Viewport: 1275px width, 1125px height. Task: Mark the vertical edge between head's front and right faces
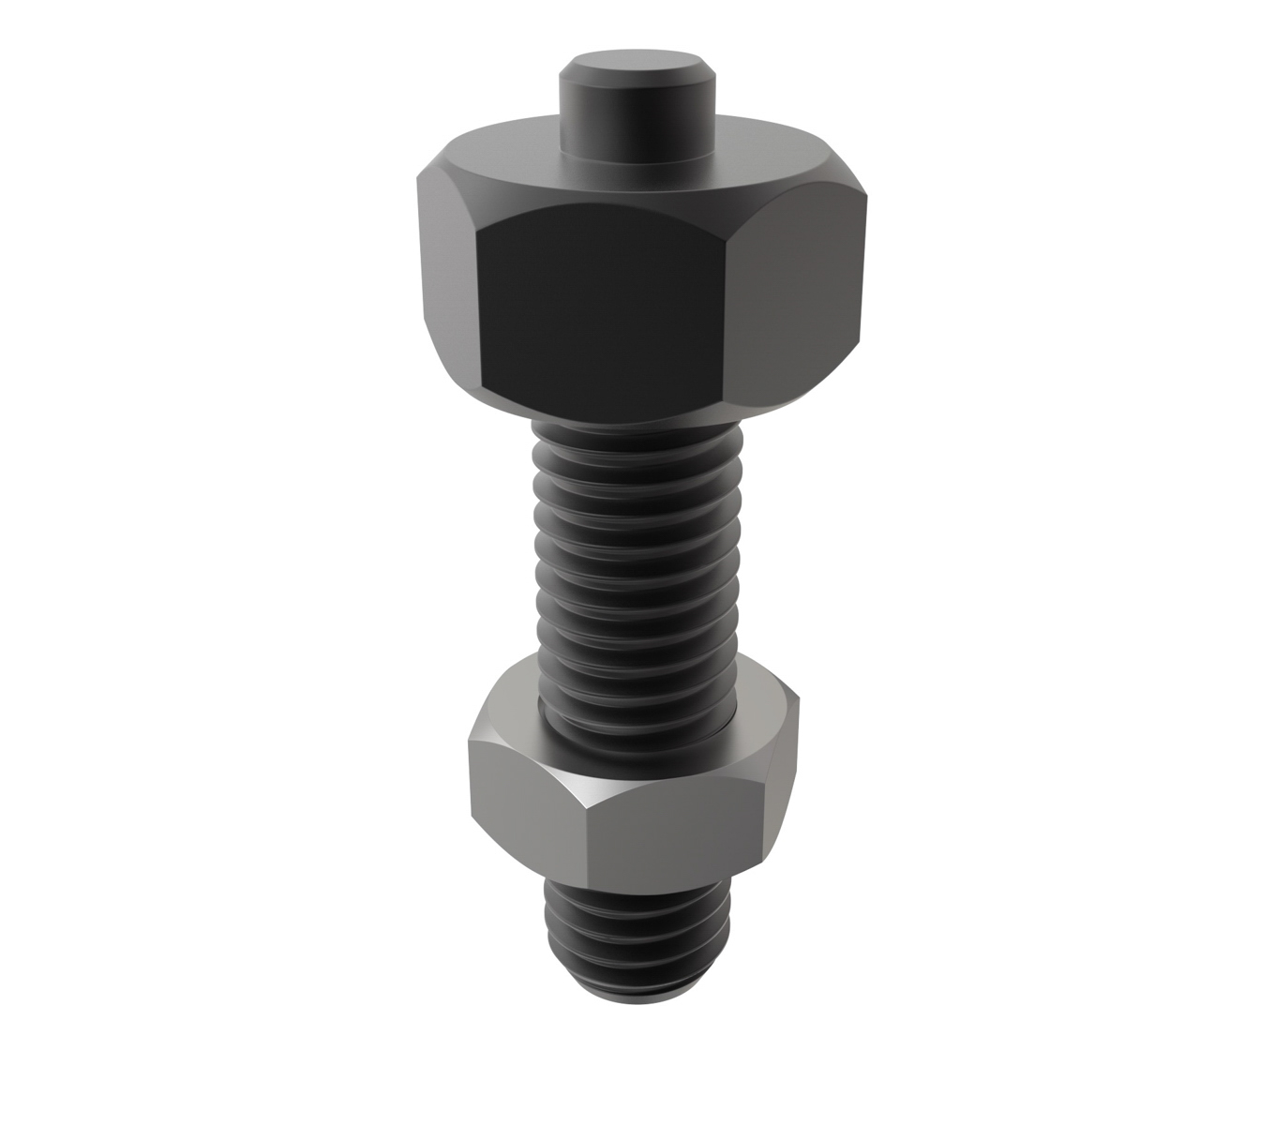point(727,309)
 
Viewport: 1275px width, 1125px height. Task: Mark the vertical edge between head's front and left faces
point(479,309)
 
